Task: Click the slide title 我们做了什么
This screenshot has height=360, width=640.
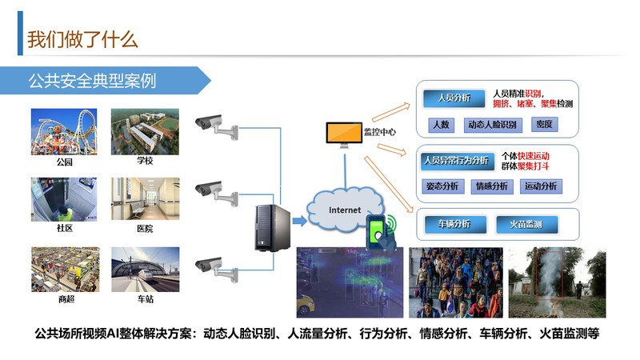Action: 82,38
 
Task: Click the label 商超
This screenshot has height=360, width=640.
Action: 65,299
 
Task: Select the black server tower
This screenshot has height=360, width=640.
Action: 270,227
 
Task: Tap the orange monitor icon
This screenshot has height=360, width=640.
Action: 343,134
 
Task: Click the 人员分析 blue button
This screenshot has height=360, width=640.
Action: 452,98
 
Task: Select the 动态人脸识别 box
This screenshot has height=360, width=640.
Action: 492,124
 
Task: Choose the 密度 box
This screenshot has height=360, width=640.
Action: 544,124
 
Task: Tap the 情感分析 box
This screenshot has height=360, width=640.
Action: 492,186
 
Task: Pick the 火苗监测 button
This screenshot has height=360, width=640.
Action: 525,224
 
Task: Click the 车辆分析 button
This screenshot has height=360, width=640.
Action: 454,224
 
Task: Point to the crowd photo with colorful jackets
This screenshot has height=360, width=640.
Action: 456,282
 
